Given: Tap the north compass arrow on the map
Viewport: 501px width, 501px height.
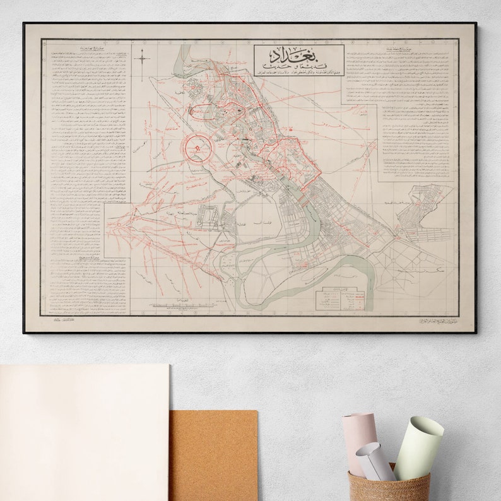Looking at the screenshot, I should (x=143, y=59).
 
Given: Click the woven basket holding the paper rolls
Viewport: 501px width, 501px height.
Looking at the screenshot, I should (x=389, y=485).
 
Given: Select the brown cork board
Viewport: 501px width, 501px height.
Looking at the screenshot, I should (x=213, y=454).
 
